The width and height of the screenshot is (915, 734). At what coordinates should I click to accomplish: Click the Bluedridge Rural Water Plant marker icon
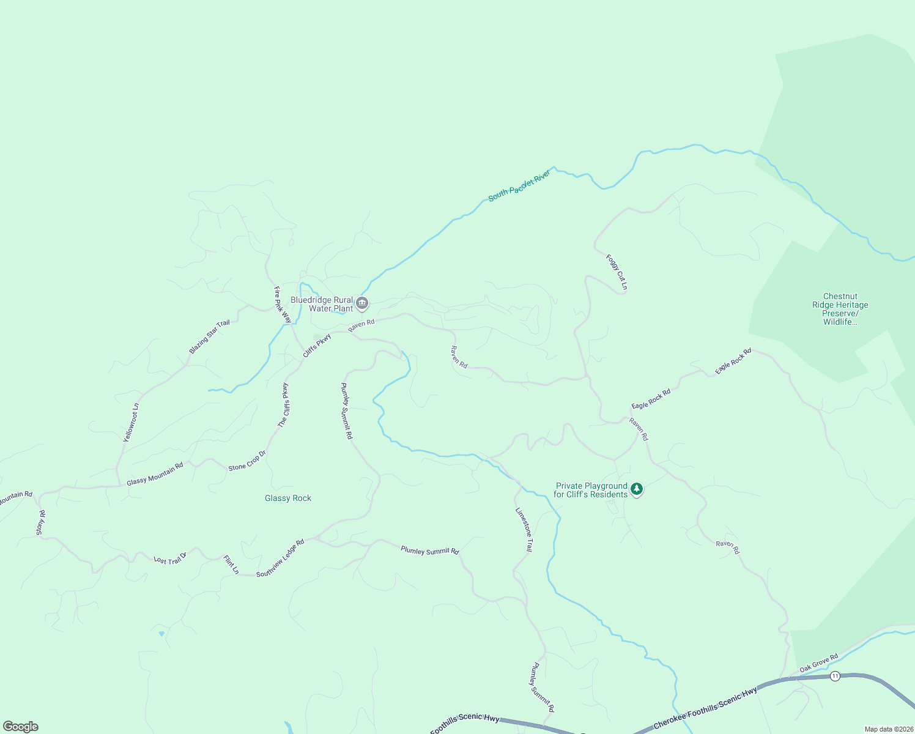tap(362, 303)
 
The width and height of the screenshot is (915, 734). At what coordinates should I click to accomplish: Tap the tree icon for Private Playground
tap(637, 489)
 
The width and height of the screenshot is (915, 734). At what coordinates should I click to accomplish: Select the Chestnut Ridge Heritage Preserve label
tap(840, 309)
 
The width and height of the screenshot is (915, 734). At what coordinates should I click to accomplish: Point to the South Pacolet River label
tap(519, 186)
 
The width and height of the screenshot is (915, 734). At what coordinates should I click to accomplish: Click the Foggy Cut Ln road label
tap(617, 272)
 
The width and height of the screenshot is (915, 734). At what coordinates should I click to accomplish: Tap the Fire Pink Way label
tap(283, 305)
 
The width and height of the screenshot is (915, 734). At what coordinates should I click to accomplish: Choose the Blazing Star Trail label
tap(209, 337)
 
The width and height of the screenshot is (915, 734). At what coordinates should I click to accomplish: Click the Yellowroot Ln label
tap(131, 423)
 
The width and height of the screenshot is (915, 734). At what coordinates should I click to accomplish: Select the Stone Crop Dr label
tap(247, 461)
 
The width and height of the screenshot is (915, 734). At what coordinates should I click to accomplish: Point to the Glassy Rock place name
tap(288, 499)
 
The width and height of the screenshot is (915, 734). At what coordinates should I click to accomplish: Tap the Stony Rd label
tap(40, 523)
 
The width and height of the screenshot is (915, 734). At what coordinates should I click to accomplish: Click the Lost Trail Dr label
tap(169, 560)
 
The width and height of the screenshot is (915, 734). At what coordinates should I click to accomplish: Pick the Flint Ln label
tap(231, 565)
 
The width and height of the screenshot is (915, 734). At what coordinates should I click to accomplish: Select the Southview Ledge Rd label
tap(280, 558)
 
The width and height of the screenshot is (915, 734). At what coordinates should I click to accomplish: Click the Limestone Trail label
tap(524, 530)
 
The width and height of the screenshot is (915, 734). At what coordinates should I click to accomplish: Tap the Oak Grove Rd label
tap(818, 664)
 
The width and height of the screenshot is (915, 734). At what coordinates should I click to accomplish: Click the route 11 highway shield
tap(835, 676)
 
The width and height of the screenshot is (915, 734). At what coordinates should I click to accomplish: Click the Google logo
tap(20, 727)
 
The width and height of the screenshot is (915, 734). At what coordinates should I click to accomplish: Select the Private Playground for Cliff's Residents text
tap(591, 491)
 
